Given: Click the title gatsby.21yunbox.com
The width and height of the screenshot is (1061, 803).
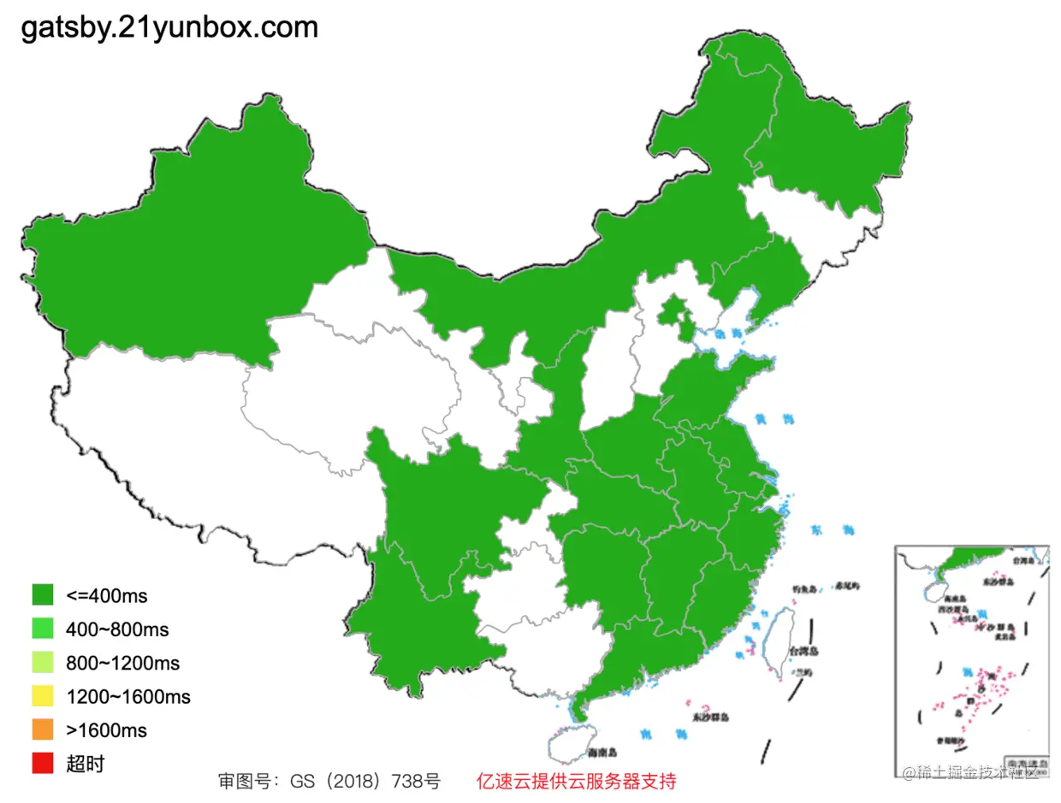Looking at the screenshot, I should (169, 27).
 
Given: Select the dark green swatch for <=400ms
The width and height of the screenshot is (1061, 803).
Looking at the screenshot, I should (43, 595).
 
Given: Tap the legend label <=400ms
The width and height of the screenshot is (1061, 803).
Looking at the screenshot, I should (107, 595).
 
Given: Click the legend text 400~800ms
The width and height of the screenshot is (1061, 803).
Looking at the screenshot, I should (117, 629).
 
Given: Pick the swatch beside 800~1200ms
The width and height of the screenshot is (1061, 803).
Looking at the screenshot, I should (43, 663).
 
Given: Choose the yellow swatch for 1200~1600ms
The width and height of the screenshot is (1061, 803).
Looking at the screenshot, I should (43, 696).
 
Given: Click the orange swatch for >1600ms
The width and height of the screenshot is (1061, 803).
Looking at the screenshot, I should (43, 729).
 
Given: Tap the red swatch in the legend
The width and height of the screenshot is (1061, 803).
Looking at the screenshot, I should (43, 764).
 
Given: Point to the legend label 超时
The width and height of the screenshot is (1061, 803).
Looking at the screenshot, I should (85, 764).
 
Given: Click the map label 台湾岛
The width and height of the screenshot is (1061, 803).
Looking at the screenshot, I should (804, 651).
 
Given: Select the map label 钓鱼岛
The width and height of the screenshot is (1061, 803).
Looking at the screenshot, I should (804, 588).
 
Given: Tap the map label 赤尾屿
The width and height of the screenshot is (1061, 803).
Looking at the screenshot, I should (848, 586).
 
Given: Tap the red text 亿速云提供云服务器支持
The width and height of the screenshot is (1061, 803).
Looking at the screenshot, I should (576, 781).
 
